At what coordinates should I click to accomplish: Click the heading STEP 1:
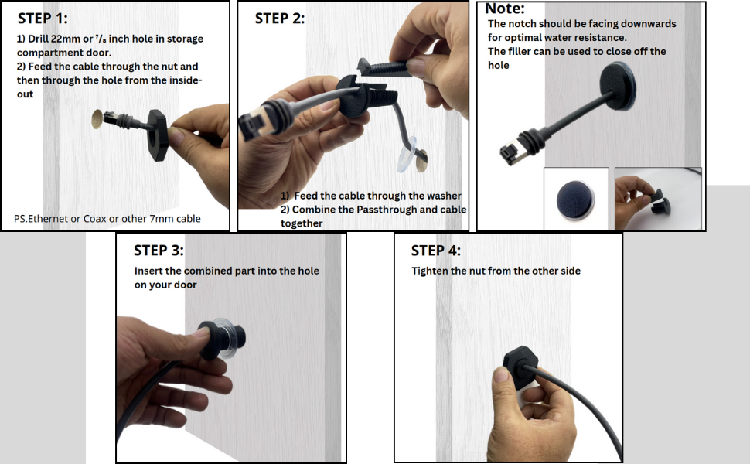[x=43, y=19]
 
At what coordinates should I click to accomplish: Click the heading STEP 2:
[x=279, y=19]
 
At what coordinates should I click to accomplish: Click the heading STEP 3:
[x=159, y=251]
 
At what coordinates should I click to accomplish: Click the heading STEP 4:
[x=436, y=251]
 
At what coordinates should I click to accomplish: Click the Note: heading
[x=505, y=9]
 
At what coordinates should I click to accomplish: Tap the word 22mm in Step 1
[x=66, y=39]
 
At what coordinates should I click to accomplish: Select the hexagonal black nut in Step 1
[x=158, y=135]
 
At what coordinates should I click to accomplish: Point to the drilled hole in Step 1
[x=97, y=120]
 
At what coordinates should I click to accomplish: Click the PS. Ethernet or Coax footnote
[x=107, y=219]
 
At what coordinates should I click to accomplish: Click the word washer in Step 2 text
[x=445, y=196]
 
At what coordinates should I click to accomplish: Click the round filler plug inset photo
[x=575, y=200]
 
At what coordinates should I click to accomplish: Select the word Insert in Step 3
[x=148, y=271]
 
